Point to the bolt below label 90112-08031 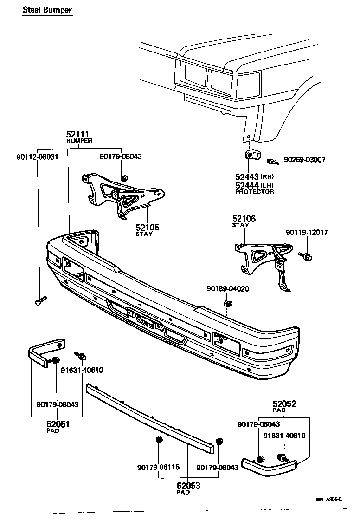pos(40,300)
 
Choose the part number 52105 pos(148,227)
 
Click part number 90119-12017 pos(307,232)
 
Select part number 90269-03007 pos(304,160)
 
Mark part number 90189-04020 pos(228,288)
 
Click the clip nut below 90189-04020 pos(228,304)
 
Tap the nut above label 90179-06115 pos(159,440)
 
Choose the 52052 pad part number pos(284,404)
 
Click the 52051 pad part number pos(58,423)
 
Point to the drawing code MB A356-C pos(329,499)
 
